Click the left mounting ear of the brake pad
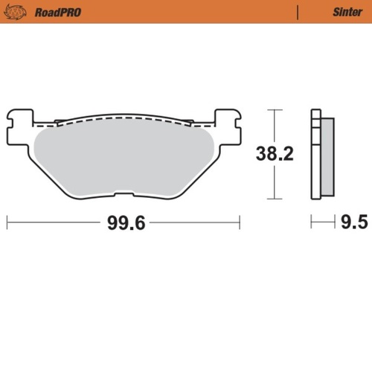coord(20,118)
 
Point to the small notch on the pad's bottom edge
coord(123,196)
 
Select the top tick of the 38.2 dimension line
coord(276,110)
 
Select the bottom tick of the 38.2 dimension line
coord(276,199)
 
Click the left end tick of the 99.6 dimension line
coord(7,222)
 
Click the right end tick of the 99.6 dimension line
coord(240,222)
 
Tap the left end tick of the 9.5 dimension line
coord(312,222)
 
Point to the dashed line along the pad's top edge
coord(124,119)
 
